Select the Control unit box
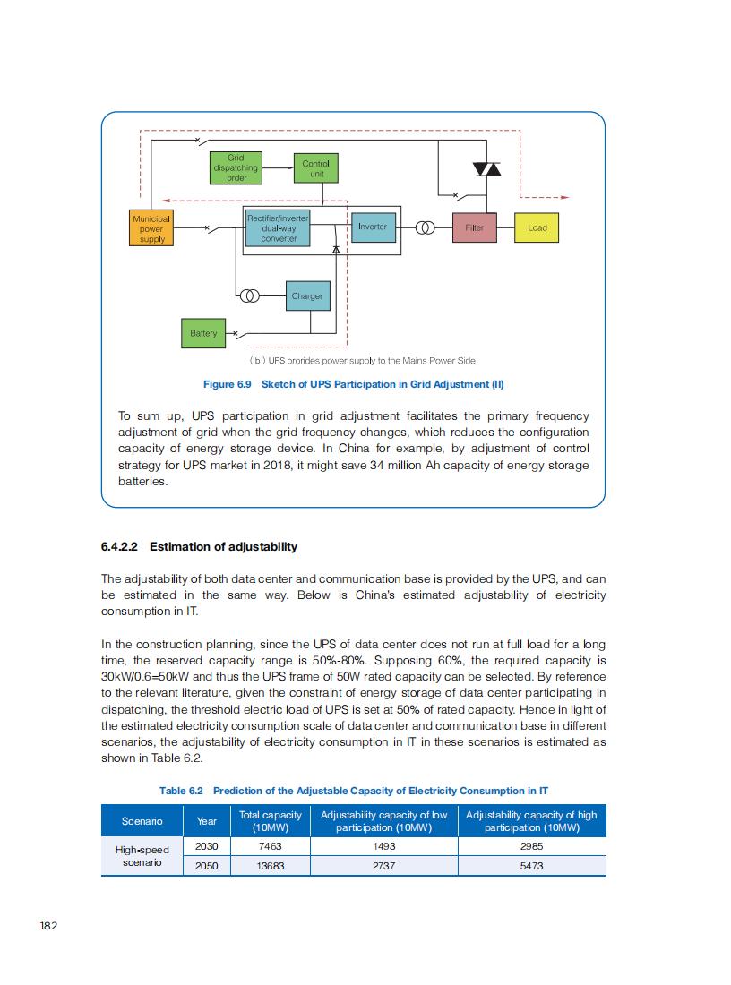[315, 168]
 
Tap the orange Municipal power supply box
[150, 227]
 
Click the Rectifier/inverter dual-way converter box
[279, 228]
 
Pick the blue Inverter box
[372, 227]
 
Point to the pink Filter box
[475, 227]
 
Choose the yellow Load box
[537, 227]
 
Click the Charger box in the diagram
[306, 295]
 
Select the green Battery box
[203, 333]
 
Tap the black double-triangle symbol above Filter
[487, 169]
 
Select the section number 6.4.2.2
[122, 547]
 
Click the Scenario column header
[142, 821]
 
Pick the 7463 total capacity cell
[270, 845]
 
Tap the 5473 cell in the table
[531, 866]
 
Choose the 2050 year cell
[207, 866]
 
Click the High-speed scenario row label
[142, 856]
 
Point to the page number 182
[49, 926]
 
